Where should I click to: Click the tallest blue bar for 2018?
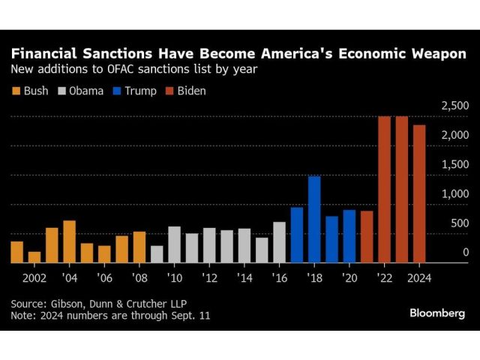[314, 220]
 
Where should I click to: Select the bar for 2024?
[419, 194]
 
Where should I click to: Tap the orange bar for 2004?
[69, 241]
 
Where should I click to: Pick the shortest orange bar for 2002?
[34, 257]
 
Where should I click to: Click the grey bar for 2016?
[279, 242]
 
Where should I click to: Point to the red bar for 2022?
[384, 190]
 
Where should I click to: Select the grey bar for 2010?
[174, 244]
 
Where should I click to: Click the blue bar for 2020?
[349, 236]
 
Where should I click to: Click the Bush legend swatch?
[16, 91]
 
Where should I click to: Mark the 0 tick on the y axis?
[465, 253]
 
